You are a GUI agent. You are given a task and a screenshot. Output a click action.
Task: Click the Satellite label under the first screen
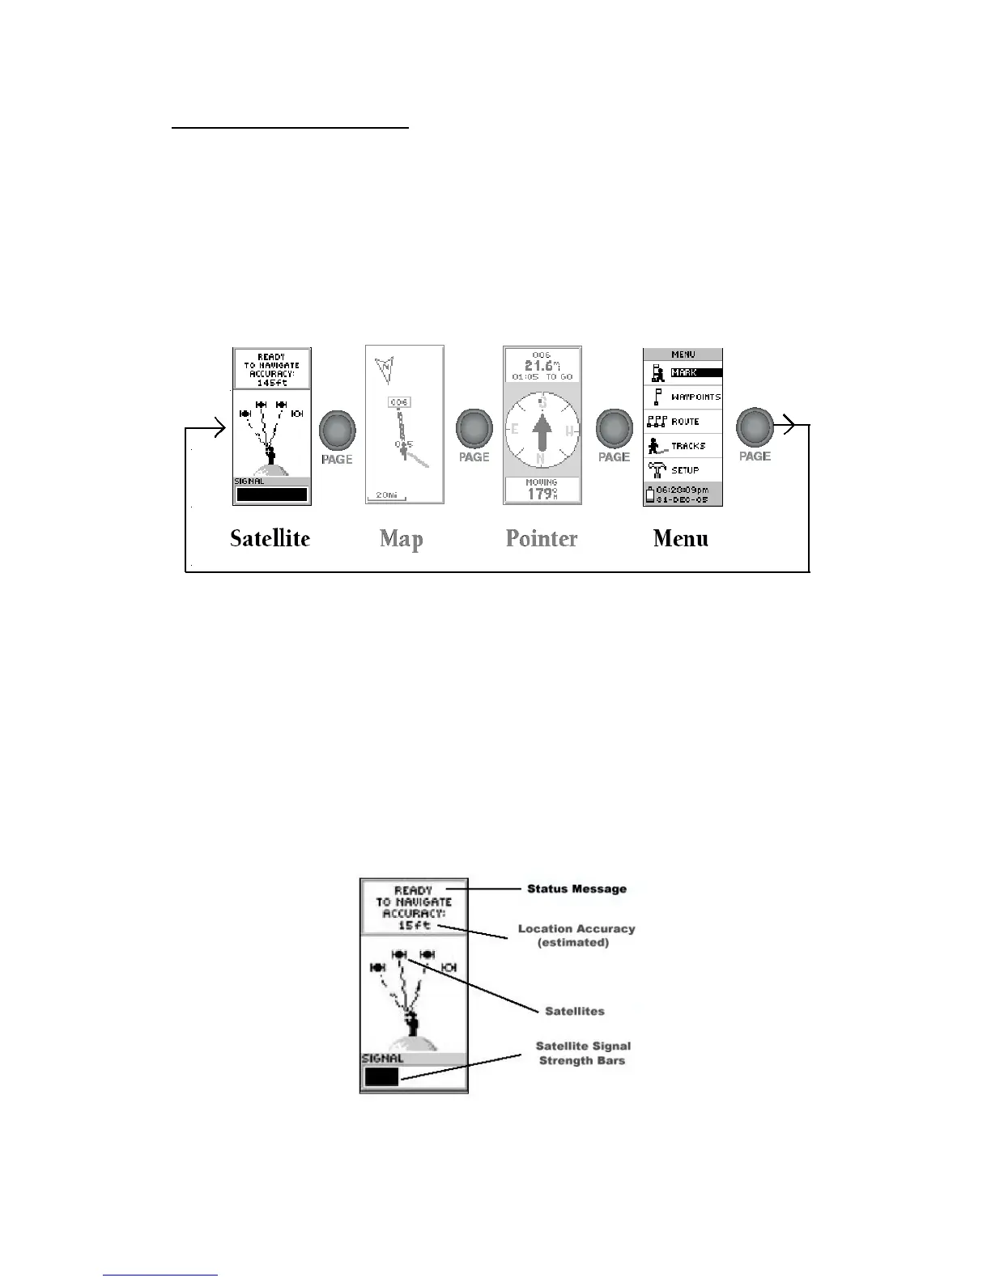270,539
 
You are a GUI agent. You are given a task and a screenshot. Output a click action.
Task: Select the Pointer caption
542,539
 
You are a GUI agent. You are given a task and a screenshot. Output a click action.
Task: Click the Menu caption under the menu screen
681,539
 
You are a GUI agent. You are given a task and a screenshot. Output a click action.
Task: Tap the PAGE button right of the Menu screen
755,428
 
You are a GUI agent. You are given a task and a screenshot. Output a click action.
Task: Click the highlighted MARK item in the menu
684,373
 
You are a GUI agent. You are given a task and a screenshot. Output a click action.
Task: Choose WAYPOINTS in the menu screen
695,397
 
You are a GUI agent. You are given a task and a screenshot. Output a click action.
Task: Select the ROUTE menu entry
685,422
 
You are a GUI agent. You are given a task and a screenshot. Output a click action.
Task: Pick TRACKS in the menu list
688,446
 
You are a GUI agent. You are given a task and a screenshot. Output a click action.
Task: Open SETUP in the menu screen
685,470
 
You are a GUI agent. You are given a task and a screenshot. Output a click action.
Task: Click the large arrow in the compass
542,434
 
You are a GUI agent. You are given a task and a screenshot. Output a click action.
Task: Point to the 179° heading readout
541,493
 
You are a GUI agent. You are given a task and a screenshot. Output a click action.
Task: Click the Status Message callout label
576,889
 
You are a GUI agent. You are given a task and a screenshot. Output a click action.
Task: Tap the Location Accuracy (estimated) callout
576,936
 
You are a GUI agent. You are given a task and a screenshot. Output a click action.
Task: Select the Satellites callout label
574,1011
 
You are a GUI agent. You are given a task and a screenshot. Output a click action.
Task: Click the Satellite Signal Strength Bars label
583,1053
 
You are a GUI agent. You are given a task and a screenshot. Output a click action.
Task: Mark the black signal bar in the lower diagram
381,1077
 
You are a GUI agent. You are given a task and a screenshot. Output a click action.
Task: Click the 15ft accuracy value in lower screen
414,925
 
